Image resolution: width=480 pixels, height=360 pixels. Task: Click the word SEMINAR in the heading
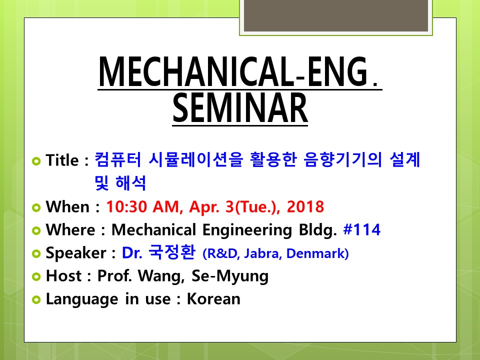[x=240, y=108]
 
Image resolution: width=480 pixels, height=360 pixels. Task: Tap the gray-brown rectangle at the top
[x=336, y=15]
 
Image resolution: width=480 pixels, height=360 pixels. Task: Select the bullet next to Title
[x=36, y=160]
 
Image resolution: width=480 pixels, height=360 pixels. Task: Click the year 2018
[x=305, y=206]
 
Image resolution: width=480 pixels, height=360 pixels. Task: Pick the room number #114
[x=362, y=229]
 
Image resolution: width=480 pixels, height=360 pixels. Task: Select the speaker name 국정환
[x=171, y=252]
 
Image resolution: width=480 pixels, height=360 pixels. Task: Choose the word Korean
[x=213, y=299]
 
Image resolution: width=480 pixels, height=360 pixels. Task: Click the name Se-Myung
[x=230, y=276]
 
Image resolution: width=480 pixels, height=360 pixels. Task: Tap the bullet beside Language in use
[x=36, y=299]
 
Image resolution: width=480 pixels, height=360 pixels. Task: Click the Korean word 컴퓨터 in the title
[x=118, y=159]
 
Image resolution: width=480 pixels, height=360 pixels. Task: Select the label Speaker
[x=76, y=253]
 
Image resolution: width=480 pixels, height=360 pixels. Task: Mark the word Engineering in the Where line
[x=247, y=230]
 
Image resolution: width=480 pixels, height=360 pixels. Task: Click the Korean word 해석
[x=130, y=183]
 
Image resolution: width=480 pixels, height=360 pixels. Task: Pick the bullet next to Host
[x=36, y=276]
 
